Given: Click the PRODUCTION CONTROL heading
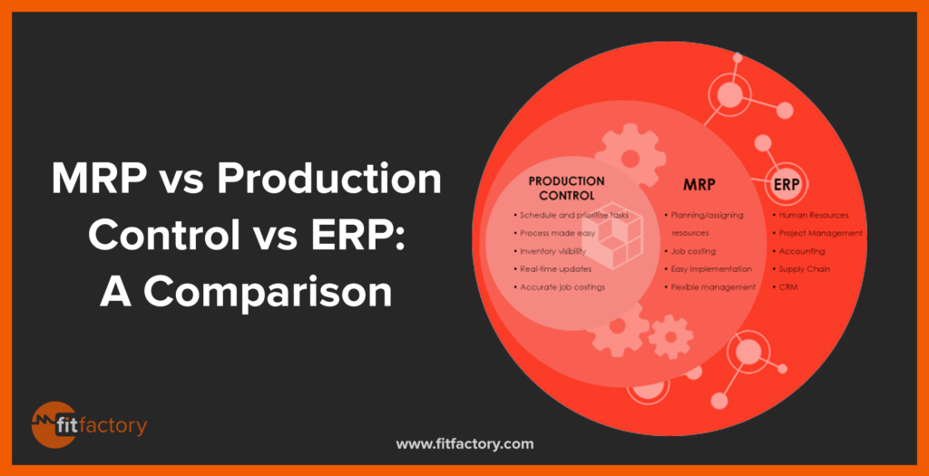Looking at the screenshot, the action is (x=567, y=188).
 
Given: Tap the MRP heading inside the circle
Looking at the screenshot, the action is (x=699, y=185).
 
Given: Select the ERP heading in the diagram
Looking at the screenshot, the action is (x=787, y=185).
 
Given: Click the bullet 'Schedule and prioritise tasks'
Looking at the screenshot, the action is (x=572, y=215).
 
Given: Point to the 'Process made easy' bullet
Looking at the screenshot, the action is (x=554, y=233).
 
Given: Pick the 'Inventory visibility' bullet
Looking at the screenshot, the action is (x=550, y=251).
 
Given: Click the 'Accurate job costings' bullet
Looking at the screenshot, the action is (x=559, y=287).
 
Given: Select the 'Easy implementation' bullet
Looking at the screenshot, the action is (x=708, y=268).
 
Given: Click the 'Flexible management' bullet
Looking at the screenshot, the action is (x=709, y=287).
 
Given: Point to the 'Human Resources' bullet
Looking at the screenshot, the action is (x=810, y=215).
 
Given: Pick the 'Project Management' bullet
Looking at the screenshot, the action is (x=817, y=233).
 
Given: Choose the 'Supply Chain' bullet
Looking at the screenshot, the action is (x=801, y=268).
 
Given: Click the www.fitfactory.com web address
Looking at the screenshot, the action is (x=464, y=443).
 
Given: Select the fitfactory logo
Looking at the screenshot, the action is (x=89, y=425).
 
